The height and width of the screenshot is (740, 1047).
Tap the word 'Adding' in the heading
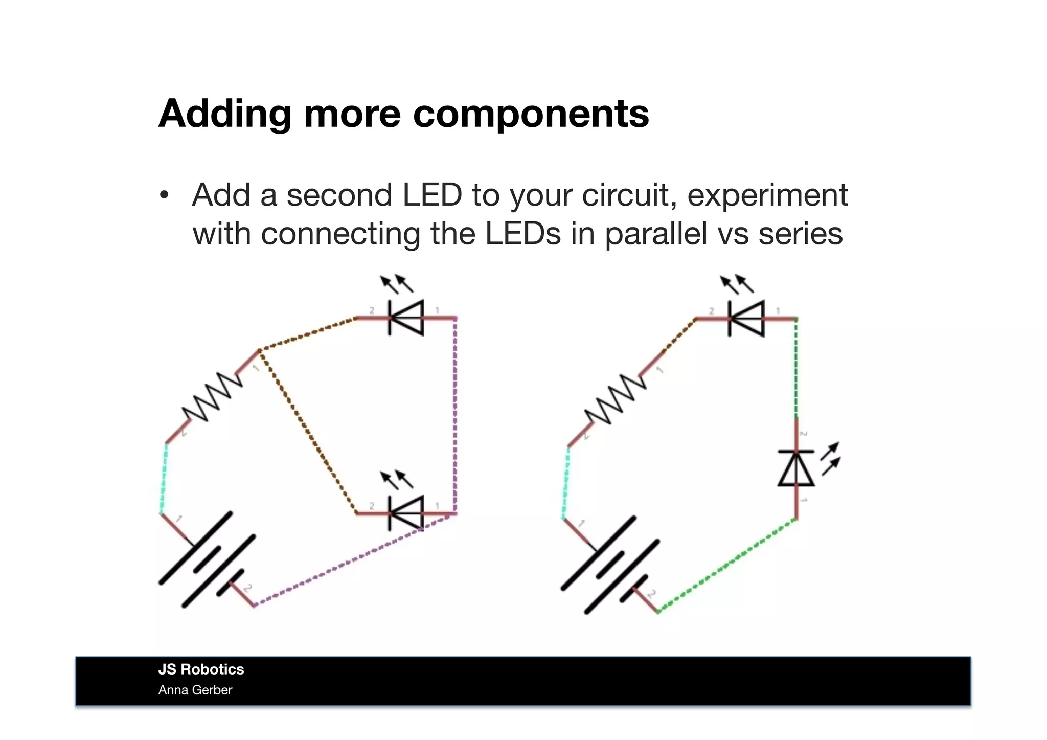pos(225,114)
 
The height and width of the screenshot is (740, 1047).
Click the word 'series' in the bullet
pos(800,234)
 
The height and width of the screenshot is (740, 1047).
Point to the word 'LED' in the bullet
pos(432,195)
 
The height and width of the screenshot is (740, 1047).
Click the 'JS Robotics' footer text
pos(201,669)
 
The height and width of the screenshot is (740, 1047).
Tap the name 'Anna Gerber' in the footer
pos(195,690)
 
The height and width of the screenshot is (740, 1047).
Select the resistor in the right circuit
pos(615,399)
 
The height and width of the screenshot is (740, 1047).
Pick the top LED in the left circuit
pos(406,318)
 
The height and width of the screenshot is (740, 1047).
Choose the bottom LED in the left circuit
pos(406,513)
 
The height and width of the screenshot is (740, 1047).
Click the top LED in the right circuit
pos(746,318)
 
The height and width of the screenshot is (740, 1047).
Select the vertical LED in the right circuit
pos(796,468)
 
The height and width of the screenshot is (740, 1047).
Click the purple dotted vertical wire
pos(455,414)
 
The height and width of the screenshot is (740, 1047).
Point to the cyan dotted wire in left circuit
pos(164,478)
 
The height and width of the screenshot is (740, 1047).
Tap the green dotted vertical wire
pos(796,368)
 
